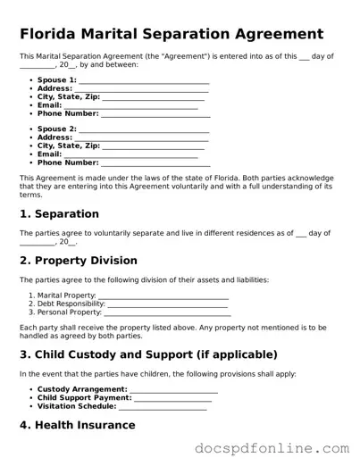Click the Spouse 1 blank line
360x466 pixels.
[x=144, y=80]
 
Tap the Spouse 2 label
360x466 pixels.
[x=56, y=129]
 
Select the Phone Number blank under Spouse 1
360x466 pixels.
[x=155, y=114]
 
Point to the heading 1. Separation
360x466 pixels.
[x=59, y=214]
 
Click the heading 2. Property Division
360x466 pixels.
[x=79, y=261]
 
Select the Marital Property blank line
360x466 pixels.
[x=163, y=295]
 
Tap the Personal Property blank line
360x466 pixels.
[x=167, y=312]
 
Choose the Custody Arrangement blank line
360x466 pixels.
[x=173, y=390]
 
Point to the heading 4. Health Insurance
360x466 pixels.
[x=78, y=426]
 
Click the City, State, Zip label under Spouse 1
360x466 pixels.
[x=68, y=97]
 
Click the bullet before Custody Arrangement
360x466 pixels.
[x=30, y=390]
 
